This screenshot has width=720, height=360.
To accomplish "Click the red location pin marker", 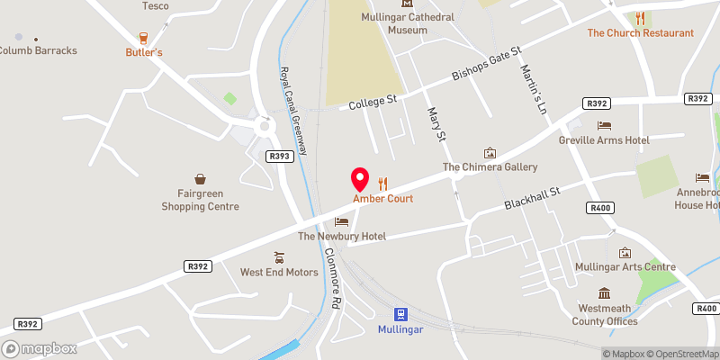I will click(359, 177).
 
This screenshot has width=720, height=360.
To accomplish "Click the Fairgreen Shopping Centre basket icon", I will click(200, 180).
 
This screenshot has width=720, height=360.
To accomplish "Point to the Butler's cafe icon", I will click(144, 37).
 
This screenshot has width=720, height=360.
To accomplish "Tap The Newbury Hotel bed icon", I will click(342, 221).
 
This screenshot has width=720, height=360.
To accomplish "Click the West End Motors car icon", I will click(279, 257).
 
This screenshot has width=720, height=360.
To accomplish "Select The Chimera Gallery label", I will click(490, 167).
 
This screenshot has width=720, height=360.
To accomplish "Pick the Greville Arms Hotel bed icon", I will click(604, 125).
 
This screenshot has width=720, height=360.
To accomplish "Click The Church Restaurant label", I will click(640, 33).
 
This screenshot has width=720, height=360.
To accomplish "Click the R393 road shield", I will click(279, 156).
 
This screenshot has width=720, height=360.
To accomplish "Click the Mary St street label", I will click(436, 124).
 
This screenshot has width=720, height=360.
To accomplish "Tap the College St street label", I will click(373, 103).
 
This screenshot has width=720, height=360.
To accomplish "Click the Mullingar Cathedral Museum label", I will click(395, 22).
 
